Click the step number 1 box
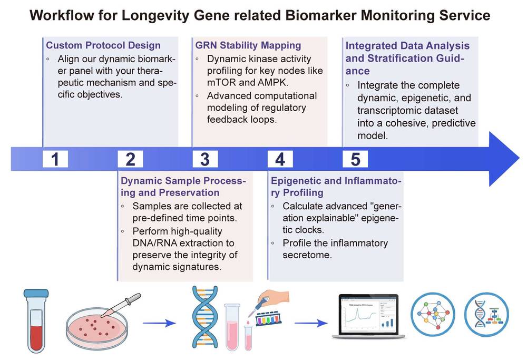(55, 159)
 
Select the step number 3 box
(205, 159)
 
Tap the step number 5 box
(355, 159)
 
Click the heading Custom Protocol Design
(103, 45)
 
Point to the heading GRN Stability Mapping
(248, 45)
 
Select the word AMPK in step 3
(261, 83)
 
